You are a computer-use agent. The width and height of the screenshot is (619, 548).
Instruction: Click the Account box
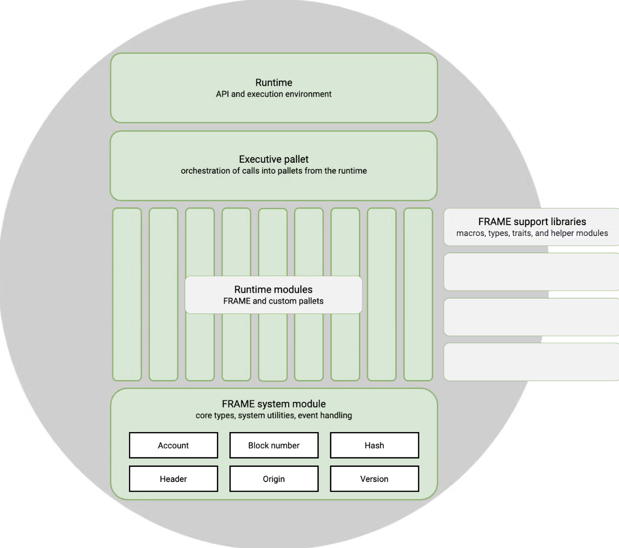click(173, 445)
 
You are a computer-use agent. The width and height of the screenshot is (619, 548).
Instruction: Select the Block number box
click(274, 445)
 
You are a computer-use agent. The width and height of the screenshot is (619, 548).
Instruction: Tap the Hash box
click(375, 445)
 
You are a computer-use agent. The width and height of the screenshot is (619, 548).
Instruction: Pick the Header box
click(173, 478)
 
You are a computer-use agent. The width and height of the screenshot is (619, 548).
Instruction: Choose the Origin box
click(274, 478)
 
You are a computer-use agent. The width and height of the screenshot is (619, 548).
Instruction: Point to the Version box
click(375, 478)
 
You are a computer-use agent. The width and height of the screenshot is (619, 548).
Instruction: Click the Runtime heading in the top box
click(274, 83)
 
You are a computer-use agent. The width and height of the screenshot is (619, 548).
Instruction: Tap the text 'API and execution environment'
click(274, 94)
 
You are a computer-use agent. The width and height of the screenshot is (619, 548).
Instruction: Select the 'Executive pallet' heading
click(274, 159)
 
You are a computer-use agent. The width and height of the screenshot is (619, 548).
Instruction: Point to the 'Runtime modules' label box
click(274, 295)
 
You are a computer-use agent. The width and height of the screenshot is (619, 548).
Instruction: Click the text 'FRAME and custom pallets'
click(273, 301)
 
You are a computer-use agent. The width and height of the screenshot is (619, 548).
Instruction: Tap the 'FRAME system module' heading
click(274, 403)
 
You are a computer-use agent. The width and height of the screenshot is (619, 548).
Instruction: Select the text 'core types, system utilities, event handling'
click(274, 415)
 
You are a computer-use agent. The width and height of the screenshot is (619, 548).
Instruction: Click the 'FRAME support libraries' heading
click(532, 221)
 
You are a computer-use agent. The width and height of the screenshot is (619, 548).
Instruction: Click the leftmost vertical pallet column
click(127, 294)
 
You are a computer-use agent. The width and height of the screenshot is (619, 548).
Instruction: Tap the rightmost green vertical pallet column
click(418, 294)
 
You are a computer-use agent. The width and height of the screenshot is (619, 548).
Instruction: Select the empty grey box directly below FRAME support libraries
click(532, 272)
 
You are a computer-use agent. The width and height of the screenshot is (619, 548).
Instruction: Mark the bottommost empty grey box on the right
click(532, 362)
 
